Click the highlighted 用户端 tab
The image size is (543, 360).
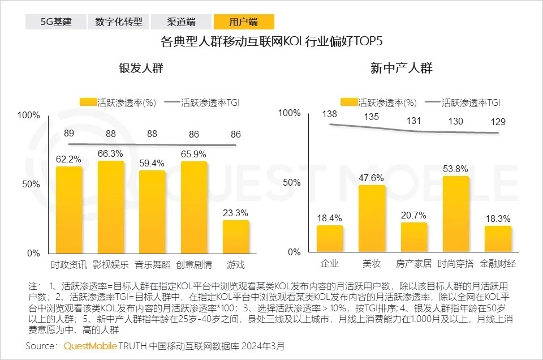pyautogui.click(x=244, y=22)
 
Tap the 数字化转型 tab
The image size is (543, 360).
pyautogui.click(x=118, y=22)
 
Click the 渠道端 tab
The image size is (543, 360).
pyautogui.click(x=181, y=22)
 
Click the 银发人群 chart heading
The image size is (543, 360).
pyautogui.click(x=141, y=68)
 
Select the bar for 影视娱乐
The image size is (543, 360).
pyautogui.click(x=111, y=207)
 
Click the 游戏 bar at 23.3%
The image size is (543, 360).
pyautogui.click(x=236, y=237)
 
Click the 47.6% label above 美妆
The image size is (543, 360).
pyautogui.click(x=371, y=177)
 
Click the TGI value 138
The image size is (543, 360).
pyautogui.click(x=329, y=115)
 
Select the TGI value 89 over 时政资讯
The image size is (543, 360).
pyautogui.click(x=69, y=134)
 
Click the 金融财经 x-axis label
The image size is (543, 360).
pyautogui.click(x=498, y=264)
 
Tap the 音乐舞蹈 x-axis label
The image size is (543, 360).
pyautogui.click(x=152, y=264)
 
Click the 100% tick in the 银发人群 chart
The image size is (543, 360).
pyautogui.click(x=29, y=115)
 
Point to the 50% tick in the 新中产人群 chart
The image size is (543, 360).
pyautogui.click(x=292, y=182)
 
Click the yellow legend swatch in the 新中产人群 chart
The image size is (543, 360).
pyautogui.click(x=349, y=102)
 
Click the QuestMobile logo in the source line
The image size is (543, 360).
pyautogui.click(x=90, y=345)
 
